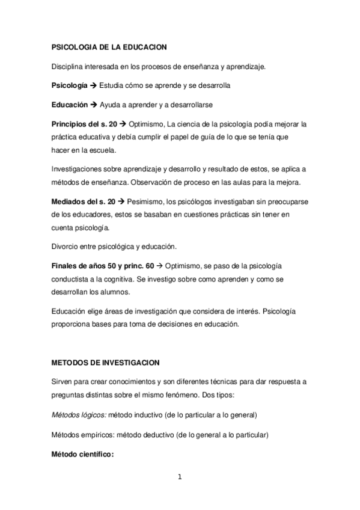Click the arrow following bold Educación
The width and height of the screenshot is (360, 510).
click(x=94, y=105)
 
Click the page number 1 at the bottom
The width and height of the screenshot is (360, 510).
click(x=179, y=478)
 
